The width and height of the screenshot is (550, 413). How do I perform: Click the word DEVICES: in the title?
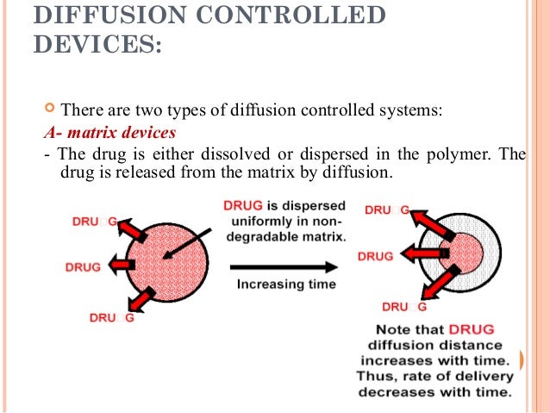point(97,44)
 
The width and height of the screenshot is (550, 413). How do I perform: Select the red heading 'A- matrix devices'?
point(109,134)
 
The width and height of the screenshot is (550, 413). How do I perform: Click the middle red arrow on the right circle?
point(422,255)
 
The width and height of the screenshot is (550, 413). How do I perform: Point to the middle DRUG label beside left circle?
point(84,266)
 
